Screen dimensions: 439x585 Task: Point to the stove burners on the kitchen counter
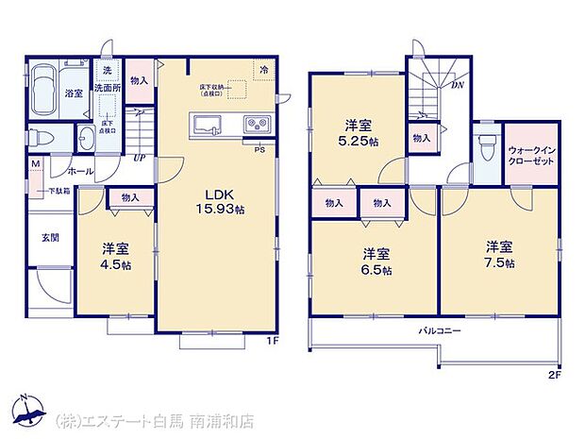point(256,124)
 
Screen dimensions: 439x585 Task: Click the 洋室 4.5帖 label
point(116,256)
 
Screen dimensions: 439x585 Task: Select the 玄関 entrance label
point(49,238)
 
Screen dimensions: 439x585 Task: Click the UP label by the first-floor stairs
point(138,158)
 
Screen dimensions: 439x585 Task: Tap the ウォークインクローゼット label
point(528,155)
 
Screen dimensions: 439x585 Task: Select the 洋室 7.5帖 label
point(498,254)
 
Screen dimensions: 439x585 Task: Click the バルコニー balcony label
point(440,331)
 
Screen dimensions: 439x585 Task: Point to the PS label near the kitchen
point(259,149)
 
